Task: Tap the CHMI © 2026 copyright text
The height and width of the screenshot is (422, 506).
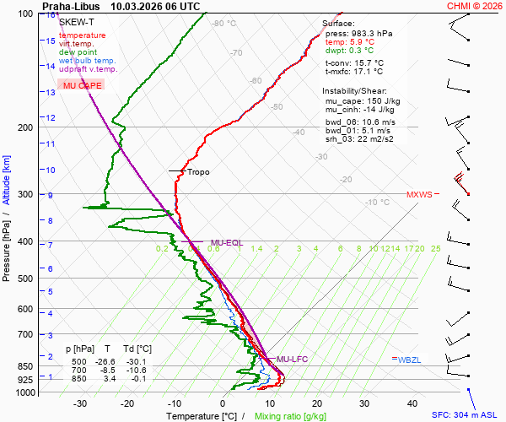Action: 474,6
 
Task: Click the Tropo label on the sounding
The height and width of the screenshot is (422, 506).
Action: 198,172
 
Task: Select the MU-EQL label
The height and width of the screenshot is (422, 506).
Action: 226,243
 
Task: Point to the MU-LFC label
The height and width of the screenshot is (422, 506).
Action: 292,360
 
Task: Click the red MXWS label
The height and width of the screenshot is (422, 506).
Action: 419,195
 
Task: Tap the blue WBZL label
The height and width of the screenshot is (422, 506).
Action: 409,360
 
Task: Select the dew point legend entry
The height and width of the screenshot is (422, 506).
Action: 78,52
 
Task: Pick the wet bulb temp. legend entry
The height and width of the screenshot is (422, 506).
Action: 88,61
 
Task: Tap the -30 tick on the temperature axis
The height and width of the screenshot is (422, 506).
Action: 80,403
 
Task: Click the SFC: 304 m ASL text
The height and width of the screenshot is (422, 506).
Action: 466,415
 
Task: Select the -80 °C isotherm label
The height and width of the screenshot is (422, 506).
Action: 223,24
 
